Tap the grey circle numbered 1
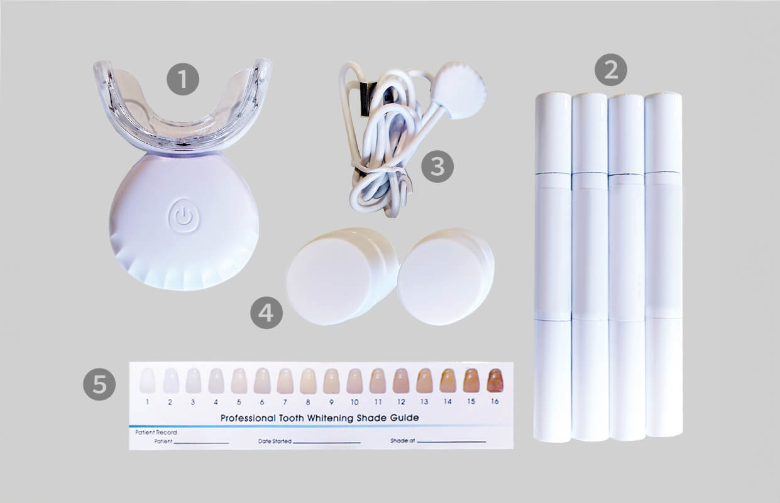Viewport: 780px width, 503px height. (183, 79)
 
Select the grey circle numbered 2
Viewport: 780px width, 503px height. (611, 70)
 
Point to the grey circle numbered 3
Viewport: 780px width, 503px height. (437, 166)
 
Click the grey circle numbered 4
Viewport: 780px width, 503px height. (266, 312)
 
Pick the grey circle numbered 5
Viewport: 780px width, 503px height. (99, 384)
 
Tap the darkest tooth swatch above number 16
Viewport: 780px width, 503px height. (495, 380)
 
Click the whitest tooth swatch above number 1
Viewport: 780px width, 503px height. (147, 381)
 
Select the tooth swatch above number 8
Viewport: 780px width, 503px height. (308, 381)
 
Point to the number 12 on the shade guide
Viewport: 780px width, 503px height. (401, 402)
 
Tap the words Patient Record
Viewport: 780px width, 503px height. (156, 433)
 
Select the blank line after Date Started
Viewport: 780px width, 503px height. (327, 443)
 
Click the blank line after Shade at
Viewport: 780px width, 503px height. (451, 442)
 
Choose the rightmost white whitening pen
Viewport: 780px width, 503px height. (664, 264)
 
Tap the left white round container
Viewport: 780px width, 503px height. (342, 276)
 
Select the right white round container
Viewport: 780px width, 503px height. (446, 276)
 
